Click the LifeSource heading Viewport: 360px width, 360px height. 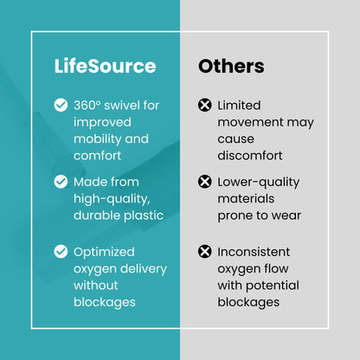[x=106, y=66]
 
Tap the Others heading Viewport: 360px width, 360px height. [x=231, y=66]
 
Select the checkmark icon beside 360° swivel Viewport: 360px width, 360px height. [x=61, y=105]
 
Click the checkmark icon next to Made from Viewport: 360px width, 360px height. [x=61, y=182]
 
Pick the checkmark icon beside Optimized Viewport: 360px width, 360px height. [x=61, y=252]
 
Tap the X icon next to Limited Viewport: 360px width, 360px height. [x=205, y=105]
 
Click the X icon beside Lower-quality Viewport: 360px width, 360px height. [x=205, y=182]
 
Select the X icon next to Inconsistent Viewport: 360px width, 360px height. [x=205, y=252]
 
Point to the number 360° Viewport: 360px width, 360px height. [x=87, y=106]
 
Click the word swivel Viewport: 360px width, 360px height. [x=121, y=106]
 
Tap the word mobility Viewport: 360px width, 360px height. [x=97, y=139]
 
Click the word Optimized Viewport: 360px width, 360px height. [x=104, y=252]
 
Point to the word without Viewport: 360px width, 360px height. [x=96, y=286]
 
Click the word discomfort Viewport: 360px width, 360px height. [x=250, y=156]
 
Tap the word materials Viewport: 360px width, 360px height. [x=246, y=199]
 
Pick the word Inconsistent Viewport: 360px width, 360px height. [x=254, y=252]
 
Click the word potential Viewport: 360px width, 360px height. [x=273, y=286]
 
